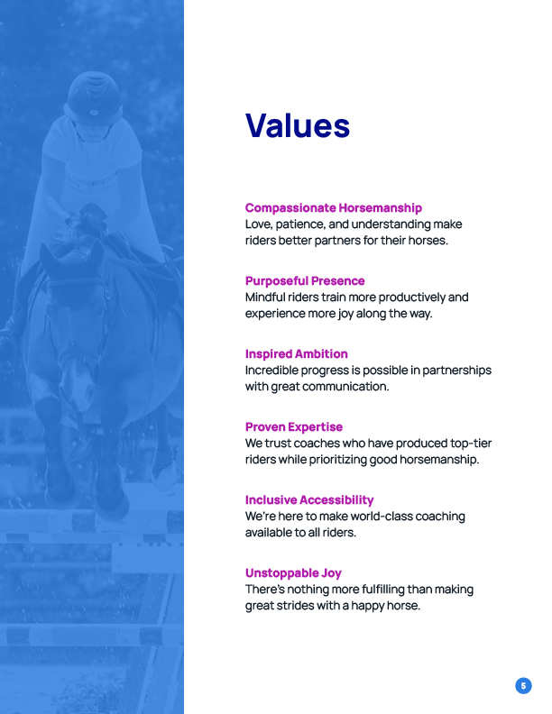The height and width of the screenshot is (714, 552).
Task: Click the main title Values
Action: click(x=298, y=125)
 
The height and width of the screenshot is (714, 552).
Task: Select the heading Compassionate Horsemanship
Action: click(x=333, y=207)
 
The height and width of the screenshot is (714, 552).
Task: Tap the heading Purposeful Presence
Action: click(x=305, y=280)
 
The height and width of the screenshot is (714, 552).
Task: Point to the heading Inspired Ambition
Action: click(x=296, y=353)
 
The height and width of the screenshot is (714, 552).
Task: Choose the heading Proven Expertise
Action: click(x=294, y=426)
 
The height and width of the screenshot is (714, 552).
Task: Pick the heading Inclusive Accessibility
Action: click(x=309, y=499)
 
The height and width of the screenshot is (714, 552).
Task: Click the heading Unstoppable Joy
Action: click(x=293, y=572)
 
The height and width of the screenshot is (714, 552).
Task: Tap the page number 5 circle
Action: click(x=523, y=686)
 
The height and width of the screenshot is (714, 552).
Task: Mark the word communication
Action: click(x=347, y=387)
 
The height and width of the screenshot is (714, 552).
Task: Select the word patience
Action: click(x=309, y=224)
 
